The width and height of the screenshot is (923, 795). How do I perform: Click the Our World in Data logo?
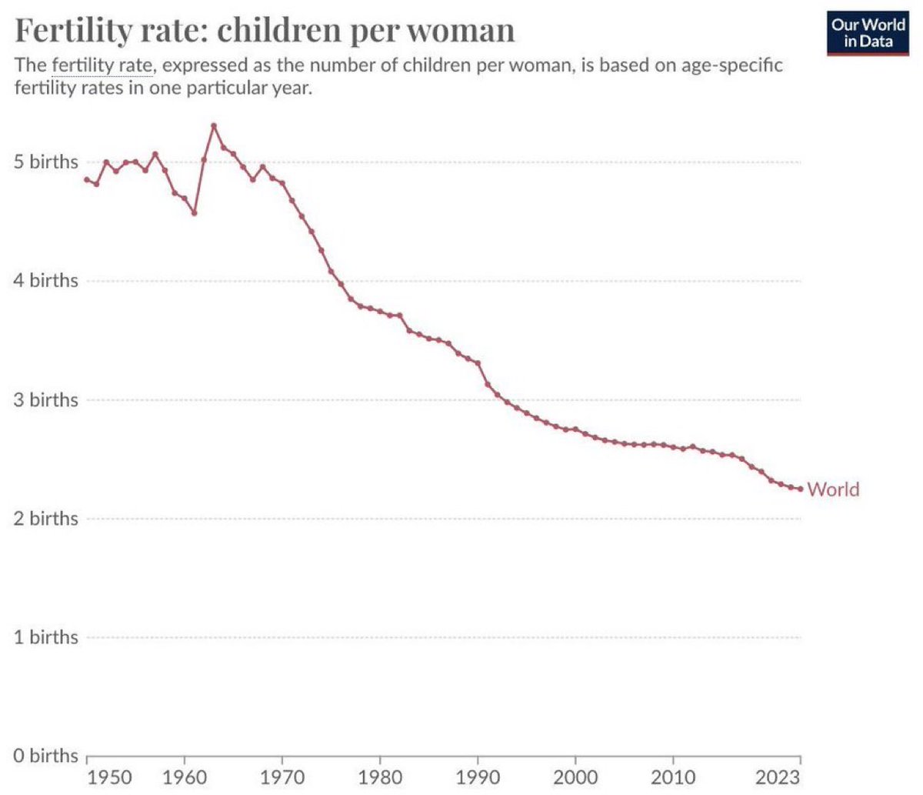click(x=868, y=33)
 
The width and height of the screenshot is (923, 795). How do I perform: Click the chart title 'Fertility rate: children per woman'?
click(x=265, y=31)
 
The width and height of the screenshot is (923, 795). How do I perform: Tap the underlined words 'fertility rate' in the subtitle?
click(x=102, y=65)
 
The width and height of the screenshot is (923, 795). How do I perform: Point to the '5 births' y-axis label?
click(x=46, y=162)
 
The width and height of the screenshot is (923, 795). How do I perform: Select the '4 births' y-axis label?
click(x=46, y=281)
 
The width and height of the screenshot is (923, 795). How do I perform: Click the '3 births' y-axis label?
click(x=46, y=400)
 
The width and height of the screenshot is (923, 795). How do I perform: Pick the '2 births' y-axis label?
click(x=46, y=519)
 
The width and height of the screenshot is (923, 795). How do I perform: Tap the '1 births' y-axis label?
click(x=46, y=637)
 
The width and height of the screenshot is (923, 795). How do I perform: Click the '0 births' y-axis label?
click(x=46, y=756)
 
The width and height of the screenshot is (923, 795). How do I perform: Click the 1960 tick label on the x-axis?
click(x=185, y=776)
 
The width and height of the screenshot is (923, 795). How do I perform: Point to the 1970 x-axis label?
click(x=282, y=776)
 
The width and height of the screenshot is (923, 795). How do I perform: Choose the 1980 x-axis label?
click(x=380, y=776)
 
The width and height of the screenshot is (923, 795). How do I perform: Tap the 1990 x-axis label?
click(x=478, y=776)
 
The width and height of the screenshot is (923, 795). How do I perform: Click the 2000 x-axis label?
click(x=575, y=776)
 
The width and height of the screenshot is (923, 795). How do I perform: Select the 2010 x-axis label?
click(x=673, y=776)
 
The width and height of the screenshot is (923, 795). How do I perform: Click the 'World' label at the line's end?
click(x=833, y=489)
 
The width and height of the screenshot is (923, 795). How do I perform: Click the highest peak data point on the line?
click(x=214, y=125)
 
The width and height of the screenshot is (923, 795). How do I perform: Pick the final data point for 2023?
click(x=801, y=489)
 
